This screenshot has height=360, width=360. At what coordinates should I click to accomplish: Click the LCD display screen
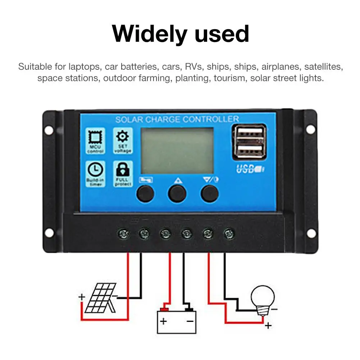tap(176, 150)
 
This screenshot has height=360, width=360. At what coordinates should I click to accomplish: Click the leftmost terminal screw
tap(123, 235)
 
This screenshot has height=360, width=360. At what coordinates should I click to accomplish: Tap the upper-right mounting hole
tap(310, 130)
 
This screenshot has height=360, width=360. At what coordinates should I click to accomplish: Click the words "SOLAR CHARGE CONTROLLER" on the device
tap(177, 119)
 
